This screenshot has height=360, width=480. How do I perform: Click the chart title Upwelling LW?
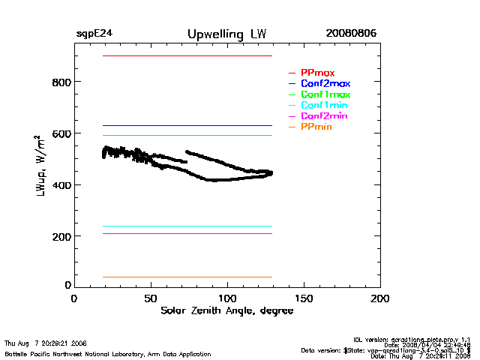pyautogui.click(x=226, y=34)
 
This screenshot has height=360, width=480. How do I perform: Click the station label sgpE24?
pyautogui.click(x=94, y=34)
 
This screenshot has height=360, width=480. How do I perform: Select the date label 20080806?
pyautogui.click(x=351, y=34)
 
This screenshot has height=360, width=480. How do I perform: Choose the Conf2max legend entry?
pyautogui.click(x=325, y=84)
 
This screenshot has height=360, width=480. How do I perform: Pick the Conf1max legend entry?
pyautogui.click(x=325, y=95)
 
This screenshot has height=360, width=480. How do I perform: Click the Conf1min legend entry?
pyautogui.click(x=323, y=106)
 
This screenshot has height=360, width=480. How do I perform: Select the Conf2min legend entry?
pyautogui.click(x=323, y=117)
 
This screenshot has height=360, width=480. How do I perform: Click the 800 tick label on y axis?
pyautogui.click(x=61, y=82)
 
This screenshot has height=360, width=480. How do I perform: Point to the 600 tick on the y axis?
pyautogui.click(x=61, y=133)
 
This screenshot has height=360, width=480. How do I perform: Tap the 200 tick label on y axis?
pyautogui.click(x=61, y=236)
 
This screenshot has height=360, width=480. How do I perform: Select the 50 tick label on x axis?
pyautogui.click(x=151, y=298)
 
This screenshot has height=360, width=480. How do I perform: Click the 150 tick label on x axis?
pyautogui.click(x=304, y=298)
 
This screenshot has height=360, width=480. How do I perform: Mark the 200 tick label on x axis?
pyautogui.click(x=380, y=298)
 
